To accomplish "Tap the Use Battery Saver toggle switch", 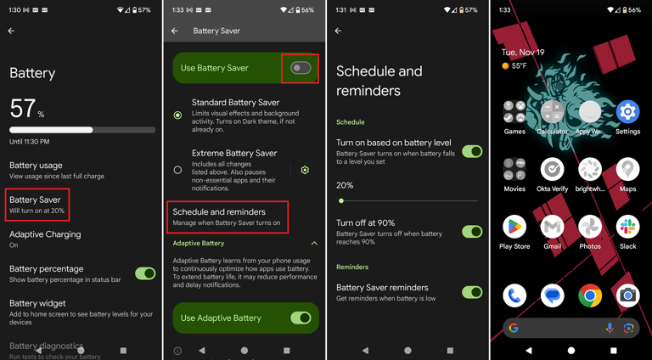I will pyautogui.click(x=301, y=68).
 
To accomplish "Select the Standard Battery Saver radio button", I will pyautogui.click(x=177, y=115).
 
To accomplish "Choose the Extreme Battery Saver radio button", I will pyautogui.click(x=177, y=170).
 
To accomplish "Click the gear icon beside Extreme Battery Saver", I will pyautogui.click(x=305, y=170).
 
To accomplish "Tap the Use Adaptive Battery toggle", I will pyautogui.click(x=301, y=318).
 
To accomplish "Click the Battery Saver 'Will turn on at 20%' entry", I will pyautogui.click(x=37, y=205).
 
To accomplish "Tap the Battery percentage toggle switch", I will pyautogui.click(x=145, y=273).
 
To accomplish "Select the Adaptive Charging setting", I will pyautogui.click(x=45, y=239).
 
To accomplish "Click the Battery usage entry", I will pyautogui.click(x=36, y=170).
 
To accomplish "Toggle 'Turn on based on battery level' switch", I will pyautogui.click(x=472, y=151).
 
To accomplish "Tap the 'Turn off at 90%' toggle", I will pyautogui.click(x=472, y=231).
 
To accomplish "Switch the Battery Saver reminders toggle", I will pyautogui.click(x=472, y=292).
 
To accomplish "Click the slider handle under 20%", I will pyautogui.click(x=341, y=201).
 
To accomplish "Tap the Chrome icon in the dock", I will pyautogui.click(x=590, y=295).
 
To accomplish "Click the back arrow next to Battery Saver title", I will pyautogui.click(x=175, y=31).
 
